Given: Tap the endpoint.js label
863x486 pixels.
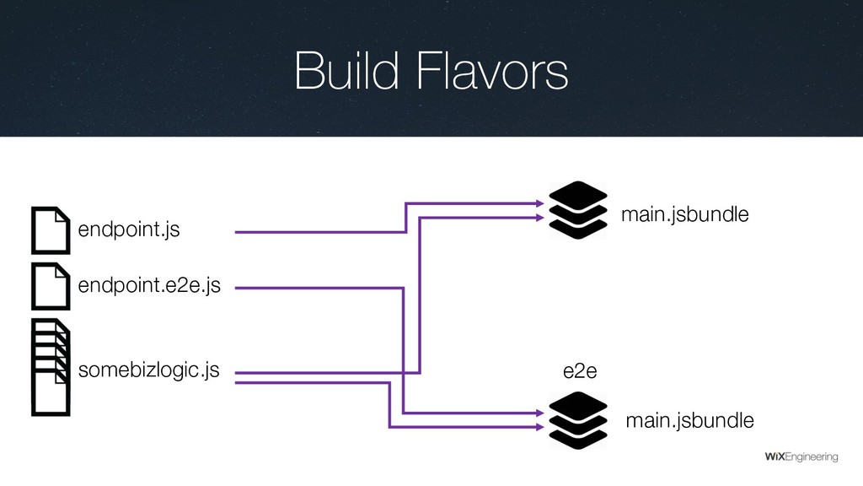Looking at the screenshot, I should (129, 230).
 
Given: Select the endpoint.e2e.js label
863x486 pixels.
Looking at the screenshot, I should (149, 287).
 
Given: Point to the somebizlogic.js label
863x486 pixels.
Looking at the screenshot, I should (148, 370).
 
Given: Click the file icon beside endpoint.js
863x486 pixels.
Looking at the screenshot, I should (51, 229).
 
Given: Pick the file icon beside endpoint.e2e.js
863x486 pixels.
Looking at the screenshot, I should (51, 286).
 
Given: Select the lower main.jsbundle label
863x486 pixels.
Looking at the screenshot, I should (689, 420).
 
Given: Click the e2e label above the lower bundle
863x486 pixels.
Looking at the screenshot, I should (577, 372).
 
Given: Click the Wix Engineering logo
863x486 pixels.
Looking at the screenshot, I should (801, 456).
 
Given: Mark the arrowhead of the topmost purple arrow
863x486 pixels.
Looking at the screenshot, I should (539, 202).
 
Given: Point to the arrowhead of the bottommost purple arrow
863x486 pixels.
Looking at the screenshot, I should (539, 426).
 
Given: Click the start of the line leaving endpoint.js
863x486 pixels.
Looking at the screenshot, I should (236, 231).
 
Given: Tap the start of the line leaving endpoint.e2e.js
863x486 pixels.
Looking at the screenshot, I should (236, 288).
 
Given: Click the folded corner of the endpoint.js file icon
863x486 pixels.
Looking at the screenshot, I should (62, 215).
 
